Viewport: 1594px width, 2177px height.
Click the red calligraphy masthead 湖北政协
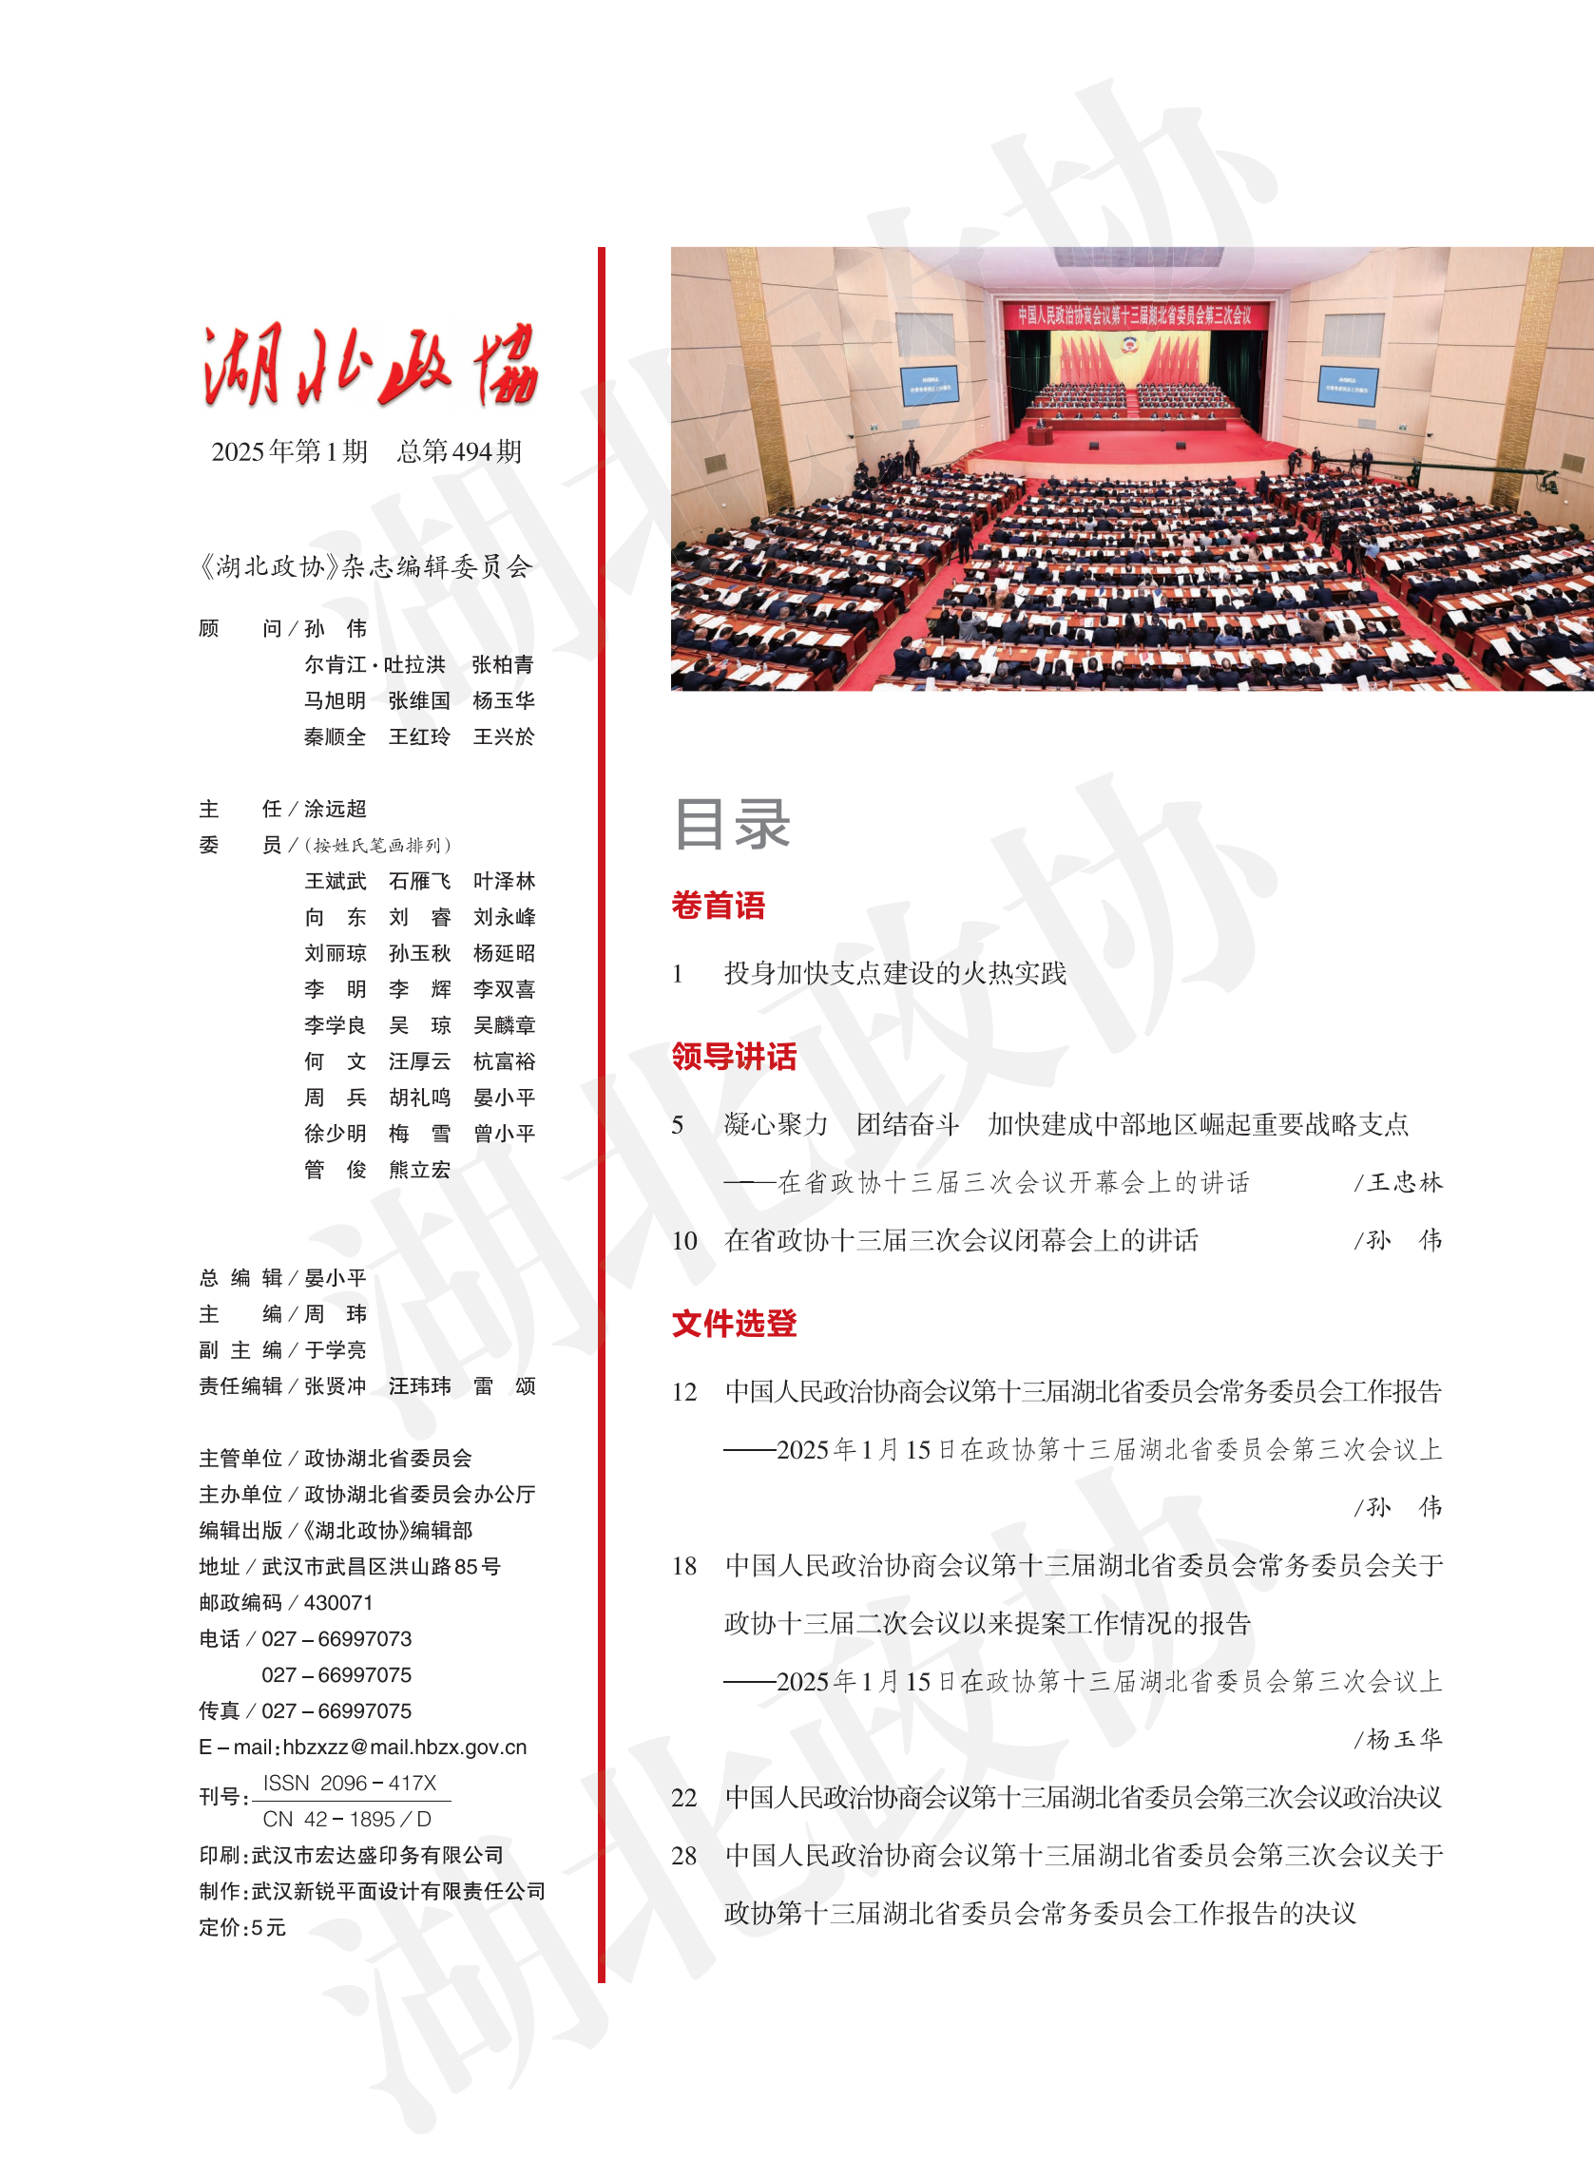point(370,366)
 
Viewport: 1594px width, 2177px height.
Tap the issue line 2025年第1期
point(290,451)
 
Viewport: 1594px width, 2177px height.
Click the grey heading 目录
point(731,825)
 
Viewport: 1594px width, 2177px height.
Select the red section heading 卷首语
point(718,906)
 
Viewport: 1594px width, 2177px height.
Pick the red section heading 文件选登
point(734,1324)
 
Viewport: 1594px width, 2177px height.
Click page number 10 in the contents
point(684,1240)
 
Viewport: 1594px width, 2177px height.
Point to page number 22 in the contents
point(684,1798)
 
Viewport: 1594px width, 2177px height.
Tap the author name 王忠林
point(1405,1182)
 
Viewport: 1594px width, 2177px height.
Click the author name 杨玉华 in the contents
point(1405,1739)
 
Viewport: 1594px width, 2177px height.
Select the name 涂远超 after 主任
point(335,809)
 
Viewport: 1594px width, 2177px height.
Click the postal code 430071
point(337,1602)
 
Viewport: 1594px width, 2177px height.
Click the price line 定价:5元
point(242,1927)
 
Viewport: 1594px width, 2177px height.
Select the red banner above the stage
point(1134,315)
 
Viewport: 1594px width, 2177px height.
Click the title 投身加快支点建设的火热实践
point(894,973)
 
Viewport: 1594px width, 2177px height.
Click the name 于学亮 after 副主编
point(335,1349)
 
